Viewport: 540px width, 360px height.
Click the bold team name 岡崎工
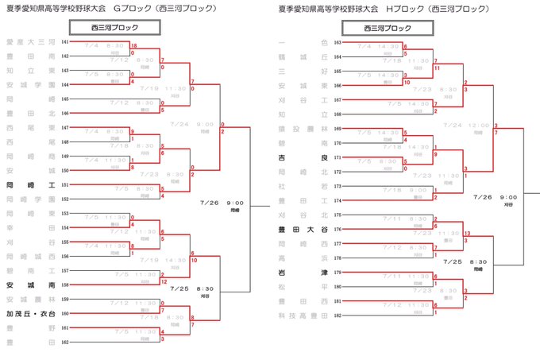click(30, 184)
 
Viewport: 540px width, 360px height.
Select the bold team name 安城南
click(30, 284)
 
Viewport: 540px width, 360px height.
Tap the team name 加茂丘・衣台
click(30, 313)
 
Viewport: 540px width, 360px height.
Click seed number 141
click(65, 41)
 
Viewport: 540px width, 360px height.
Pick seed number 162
click(65, 342)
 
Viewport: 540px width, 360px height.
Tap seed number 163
click(337, 41)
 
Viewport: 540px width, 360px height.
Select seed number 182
click(337, 315)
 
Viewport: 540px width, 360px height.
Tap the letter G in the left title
click(118, 9)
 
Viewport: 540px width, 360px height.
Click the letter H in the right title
click(391, 9)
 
